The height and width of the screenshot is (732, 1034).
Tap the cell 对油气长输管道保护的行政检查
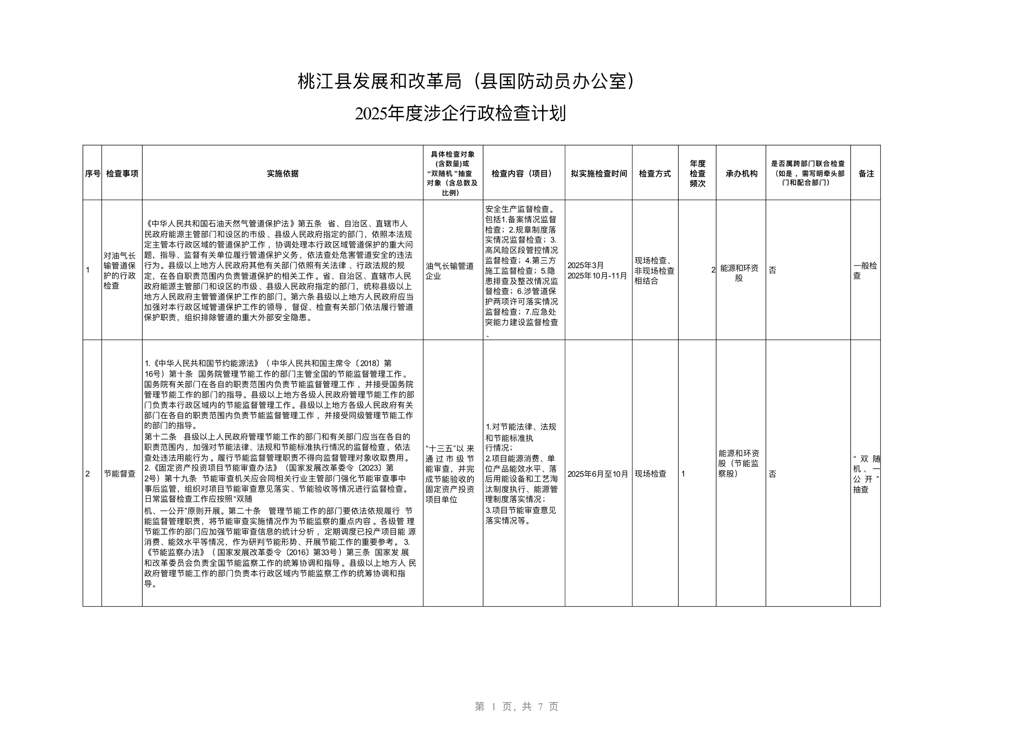[120, 270]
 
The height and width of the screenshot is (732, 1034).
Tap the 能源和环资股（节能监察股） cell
[739, 463]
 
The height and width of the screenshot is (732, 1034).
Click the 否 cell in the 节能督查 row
[772, 474]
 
